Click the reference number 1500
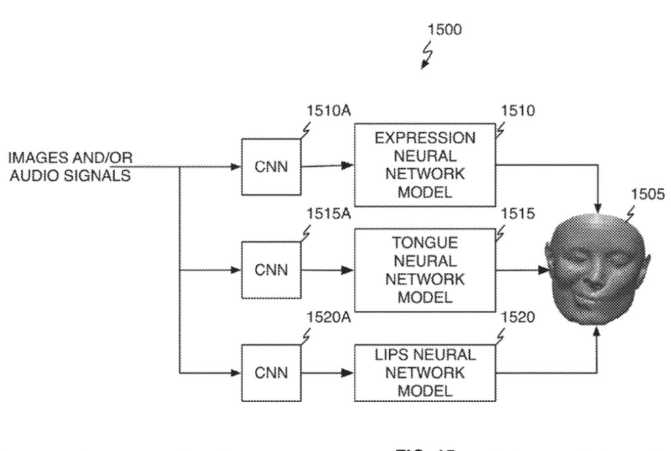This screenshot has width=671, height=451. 444,29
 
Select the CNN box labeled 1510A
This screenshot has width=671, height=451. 271,166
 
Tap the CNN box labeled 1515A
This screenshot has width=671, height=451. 271,270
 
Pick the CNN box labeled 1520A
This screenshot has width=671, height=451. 271,373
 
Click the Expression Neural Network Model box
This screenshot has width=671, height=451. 425,165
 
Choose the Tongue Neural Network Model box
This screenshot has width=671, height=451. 425,270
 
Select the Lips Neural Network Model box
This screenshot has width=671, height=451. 425,373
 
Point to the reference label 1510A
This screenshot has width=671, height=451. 328,111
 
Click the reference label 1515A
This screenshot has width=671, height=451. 328,214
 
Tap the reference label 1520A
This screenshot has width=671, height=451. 328,317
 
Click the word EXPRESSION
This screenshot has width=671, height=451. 425,138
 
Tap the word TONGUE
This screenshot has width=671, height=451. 425,242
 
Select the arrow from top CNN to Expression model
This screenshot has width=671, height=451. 327,166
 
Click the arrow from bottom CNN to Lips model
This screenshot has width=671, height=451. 327,373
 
